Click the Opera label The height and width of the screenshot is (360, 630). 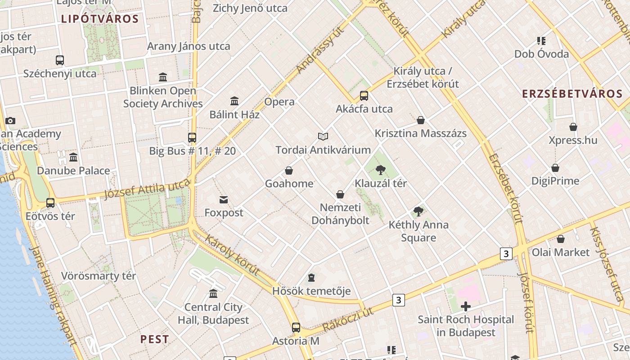279,102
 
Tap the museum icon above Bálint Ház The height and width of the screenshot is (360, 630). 234,101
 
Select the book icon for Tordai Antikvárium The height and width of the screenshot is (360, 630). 323,136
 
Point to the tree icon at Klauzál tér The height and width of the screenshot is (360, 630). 381,170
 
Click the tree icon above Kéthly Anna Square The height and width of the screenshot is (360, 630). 418,211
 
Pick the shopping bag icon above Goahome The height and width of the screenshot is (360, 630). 289,171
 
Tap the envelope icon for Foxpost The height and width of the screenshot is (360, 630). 224,199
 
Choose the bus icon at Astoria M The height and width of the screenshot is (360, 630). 296,328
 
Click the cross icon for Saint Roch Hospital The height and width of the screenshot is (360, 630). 466,306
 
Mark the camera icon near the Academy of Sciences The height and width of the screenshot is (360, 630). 10,121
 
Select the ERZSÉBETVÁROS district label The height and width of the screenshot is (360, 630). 572,94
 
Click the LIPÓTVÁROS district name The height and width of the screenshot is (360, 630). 100,19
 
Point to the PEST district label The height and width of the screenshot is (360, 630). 154,339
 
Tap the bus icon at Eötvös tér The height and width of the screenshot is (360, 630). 50,203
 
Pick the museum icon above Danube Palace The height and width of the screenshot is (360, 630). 73,157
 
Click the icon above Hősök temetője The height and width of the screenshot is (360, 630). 311,278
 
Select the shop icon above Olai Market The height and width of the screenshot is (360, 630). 561,239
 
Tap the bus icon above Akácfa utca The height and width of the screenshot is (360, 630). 364,96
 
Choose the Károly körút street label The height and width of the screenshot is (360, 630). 232,255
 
